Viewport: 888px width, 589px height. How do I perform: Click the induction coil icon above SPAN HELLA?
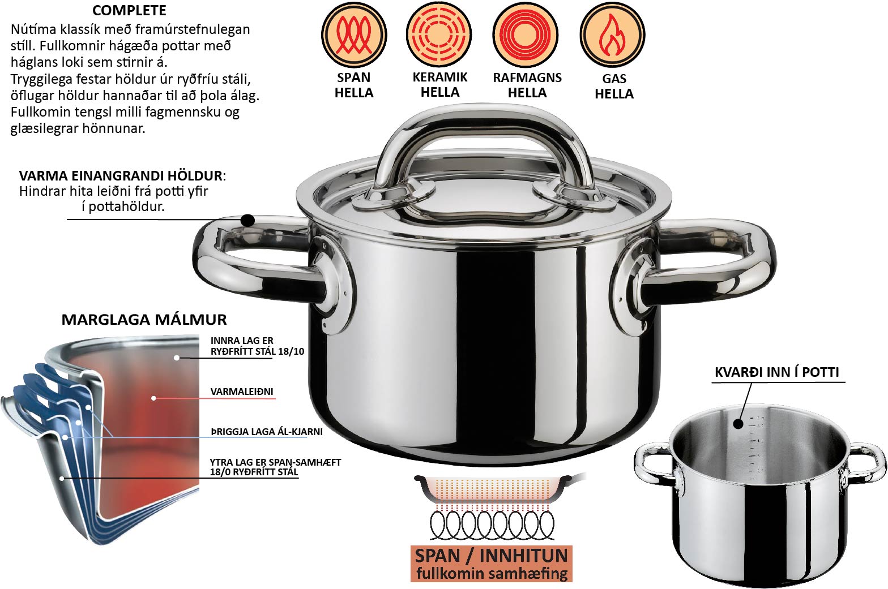354,35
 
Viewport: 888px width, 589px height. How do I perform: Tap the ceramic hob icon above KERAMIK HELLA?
439,35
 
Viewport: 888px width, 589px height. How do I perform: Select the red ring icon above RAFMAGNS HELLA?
526,35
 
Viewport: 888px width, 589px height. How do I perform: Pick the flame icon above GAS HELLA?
613,35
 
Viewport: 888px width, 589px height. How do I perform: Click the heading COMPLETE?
129,10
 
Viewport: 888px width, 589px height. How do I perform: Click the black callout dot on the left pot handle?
248,220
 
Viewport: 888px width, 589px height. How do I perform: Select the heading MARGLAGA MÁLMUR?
144,320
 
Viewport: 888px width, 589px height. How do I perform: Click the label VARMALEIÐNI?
242,392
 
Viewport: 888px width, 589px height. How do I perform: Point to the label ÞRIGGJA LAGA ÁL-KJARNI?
266,432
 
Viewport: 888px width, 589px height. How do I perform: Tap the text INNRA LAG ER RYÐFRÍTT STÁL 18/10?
257,346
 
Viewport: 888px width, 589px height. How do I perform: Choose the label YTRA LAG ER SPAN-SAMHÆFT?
275,462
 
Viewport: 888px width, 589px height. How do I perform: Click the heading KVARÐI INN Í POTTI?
777,372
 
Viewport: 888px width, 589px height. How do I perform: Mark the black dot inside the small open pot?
738,424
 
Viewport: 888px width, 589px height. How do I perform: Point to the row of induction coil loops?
492,525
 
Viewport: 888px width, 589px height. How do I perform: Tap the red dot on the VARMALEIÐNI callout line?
153,398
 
